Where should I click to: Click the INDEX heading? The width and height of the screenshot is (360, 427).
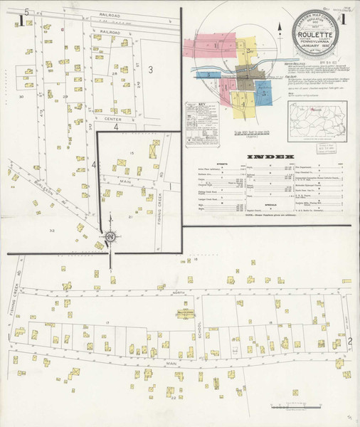[x=270, y=155]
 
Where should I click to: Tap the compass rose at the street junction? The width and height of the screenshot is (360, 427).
[x=110, y=237]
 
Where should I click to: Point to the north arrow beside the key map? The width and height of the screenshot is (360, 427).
[x=281, y=28]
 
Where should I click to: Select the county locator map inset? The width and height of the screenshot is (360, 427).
[x=317, y=121]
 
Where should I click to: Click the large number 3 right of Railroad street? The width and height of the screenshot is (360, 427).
[x=151, y=68]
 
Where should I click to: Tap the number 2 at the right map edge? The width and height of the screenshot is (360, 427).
[x=349, y=342]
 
